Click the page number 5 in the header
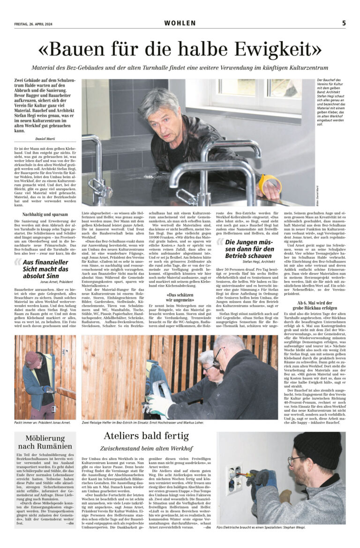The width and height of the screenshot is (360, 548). [344, 23]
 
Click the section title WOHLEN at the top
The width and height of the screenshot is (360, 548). [180, 23]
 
